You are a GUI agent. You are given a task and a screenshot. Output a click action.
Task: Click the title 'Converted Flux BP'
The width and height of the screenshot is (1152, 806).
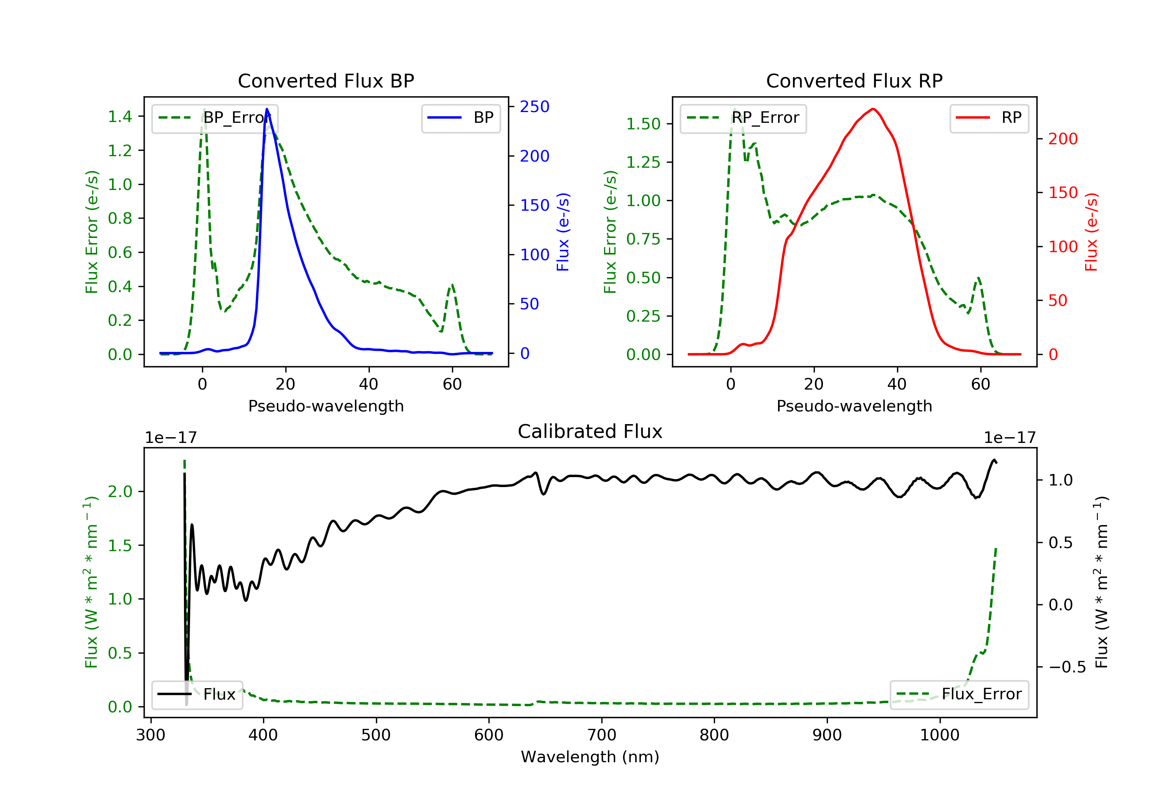(x=326, y=81)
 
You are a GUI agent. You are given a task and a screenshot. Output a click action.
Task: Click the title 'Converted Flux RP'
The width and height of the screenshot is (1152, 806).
(x=854, y=81)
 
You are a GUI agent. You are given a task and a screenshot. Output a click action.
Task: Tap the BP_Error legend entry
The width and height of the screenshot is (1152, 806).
(x=215, y=118)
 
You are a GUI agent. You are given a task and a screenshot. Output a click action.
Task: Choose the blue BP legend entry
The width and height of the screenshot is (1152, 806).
(x=460, y=118)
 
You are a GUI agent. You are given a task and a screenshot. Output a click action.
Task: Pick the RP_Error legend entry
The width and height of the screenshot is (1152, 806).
(x=743, y=118)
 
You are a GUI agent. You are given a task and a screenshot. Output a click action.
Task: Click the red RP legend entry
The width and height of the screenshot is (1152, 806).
(x=989, y=118)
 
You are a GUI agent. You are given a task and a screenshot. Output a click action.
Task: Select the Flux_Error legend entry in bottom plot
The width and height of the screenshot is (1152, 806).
(x=959, y=694)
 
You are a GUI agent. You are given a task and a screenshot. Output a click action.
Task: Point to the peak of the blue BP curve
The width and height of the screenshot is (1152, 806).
(x=267, y=109)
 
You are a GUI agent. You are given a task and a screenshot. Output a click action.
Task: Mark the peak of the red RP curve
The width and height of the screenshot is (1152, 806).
(x=873, y=109)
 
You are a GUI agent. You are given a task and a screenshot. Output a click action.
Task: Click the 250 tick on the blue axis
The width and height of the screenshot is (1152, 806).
(x=535, y=106)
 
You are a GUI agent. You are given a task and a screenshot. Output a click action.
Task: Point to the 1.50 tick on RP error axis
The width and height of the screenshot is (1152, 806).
(x=643, y=124)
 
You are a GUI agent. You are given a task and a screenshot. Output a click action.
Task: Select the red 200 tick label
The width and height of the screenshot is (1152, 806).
(x=1063, y=139)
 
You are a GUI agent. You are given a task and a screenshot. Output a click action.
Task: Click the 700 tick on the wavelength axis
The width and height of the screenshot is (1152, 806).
(x=602, y=735)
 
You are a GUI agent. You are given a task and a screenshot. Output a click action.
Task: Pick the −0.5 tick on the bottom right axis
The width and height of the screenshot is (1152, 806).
(x=1067, y=667)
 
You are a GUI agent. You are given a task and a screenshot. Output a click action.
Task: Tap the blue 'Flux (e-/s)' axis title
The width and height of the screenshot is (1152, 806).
(x=563, y=232)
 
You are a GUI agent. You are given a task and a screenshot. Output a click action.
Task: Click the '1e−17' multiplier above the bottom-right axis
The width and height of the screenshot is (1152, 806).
(x=1010, y=438)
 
